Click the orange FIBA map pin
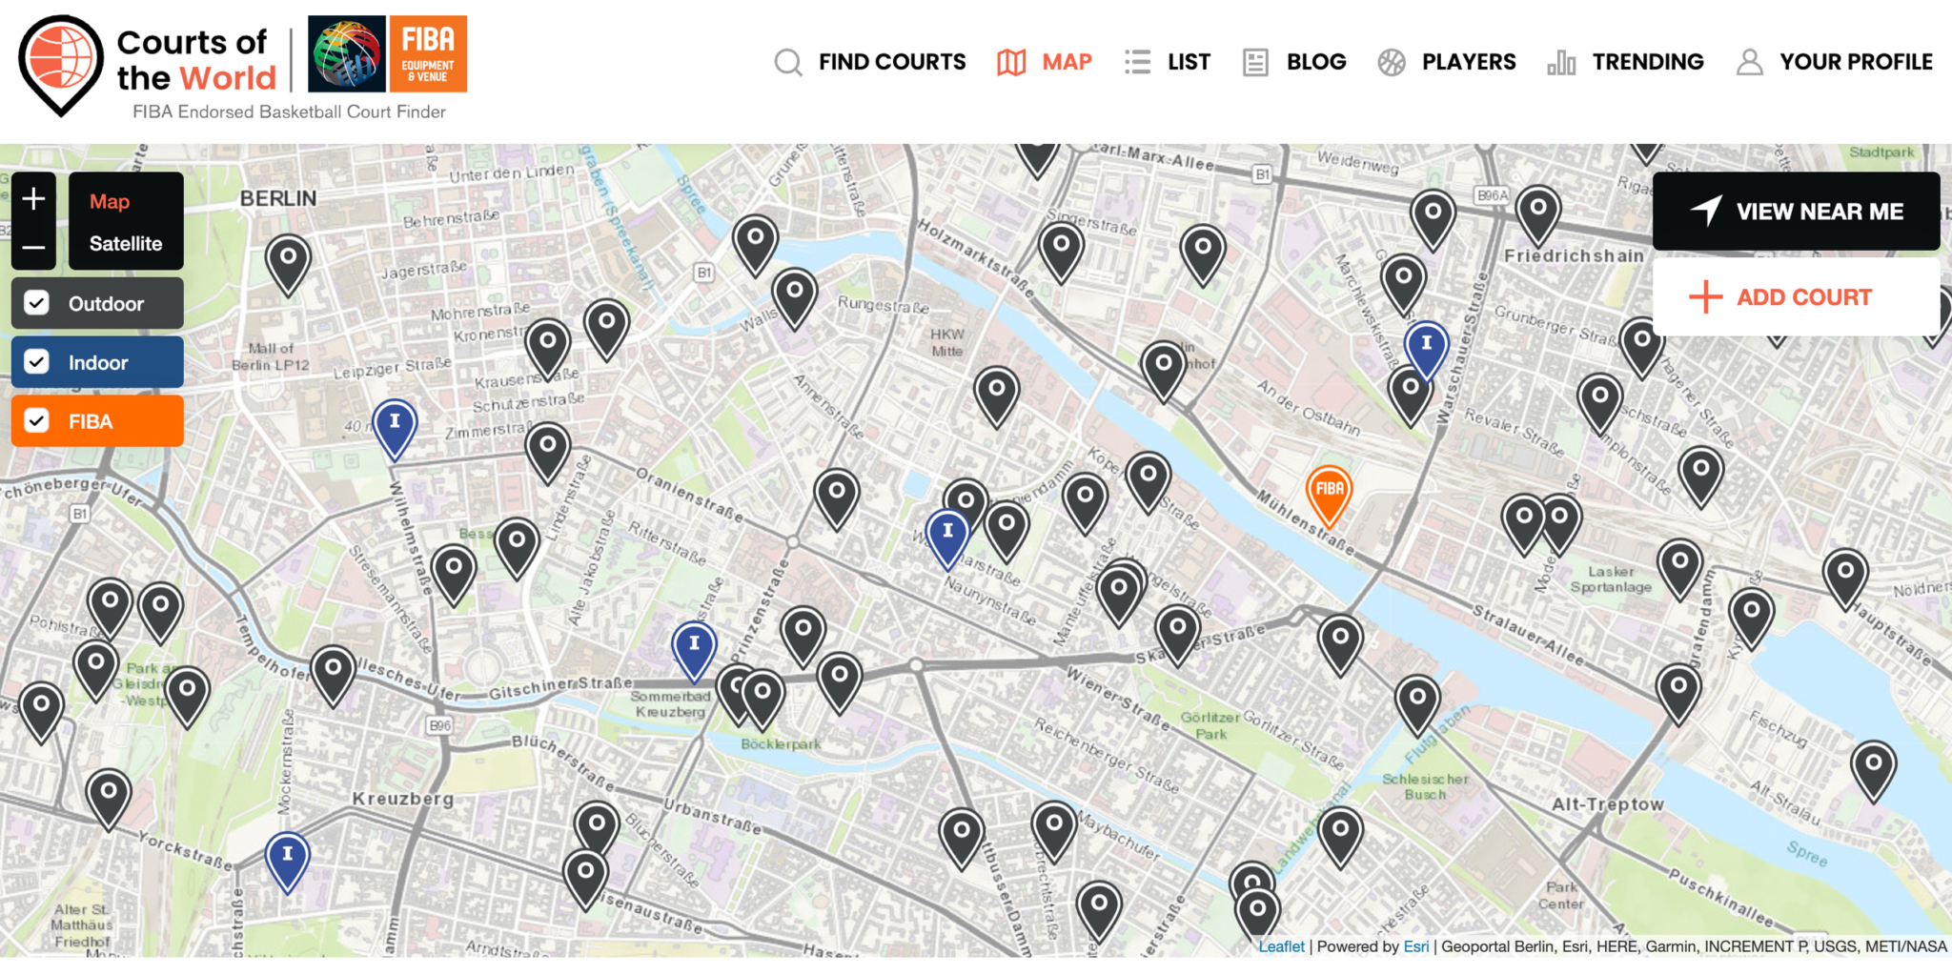[x=1329, y=490]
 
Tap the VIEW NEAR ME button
[x=1796, y=211]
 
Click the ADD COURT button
[x=1796, y=297]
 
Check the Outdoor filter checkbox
[x=37, y=303]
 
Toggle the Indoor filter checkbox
[x=37, y=362]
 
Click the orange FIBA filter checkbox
[x=37, y=421]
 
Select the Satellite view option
[x=126, y=243]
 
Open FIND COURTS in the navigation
[x=871, y=62]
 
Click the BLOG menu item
[x=1296, y=62]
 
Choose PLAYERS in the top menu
[x=1448, y=62]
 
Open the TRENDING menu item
[x=1626, y=62]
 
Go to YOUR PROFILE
[x=1835, y=62]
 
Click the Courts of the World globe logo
[x=61, y=61]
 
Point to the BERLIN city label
[x=277, y=198]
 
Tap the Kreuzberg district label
[x=403, y=799]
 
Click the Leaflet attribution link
[x=1281, y=946]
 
